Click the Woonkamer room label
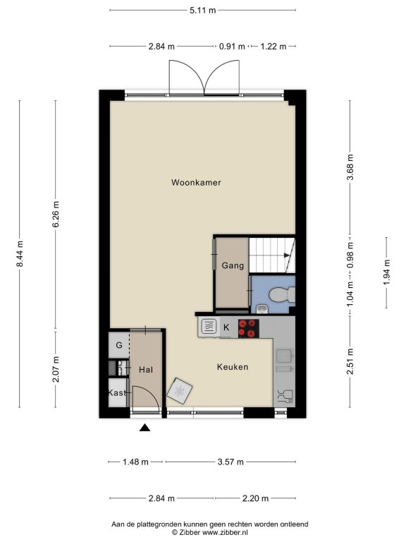(x=196, y=182)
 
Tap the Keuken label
(x=233, y=367)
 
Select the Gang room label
(x=233, y=265)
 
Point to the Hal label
(x=146, y=370)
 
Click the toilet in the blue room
(x=282, y=295)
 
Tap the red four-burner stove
(x=249, y=328)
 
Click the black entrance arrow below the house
(x=145, y=428)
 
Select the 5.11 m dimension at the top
(x=203, y=11)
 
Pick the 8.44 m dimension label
(x=20, y=254)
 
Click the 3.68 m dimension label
(x=350, y=167)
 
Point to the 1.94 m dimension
(x=386, y=272)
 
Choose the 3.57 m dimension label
(x=230, y=462)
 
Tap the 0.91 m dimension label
(x=232, y=47)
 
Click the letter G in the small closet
(x=119, y=345)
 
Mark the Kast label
(x=117, y=393)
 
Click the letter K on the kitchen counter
(x=226, y=327)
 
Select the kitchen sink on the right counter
(x=285, y=356)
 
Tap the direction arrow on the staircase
(x=287, y=255)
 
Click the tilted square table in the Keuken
(x=180, y=391)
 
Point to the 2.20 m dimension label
(x=255, y=498)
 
